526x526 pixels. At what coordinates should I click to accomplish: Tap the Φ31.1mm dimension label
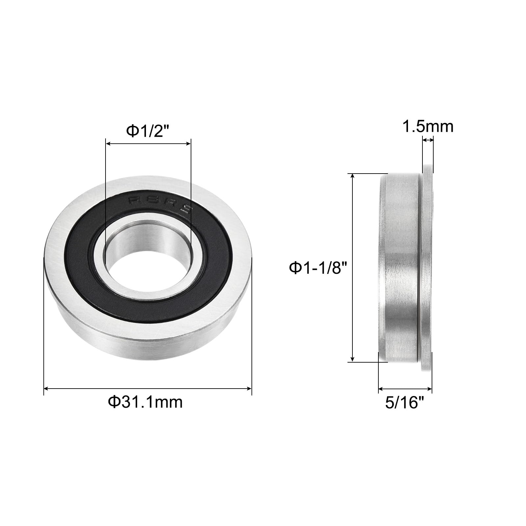coord(145,402)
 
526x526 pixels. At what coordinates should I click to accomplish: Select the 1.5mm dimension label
coord(428,127)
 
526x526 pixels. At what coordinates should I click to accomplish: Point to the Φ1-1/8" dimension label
coord(318,268)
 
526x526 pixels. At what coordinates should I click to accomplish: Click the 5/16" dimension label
coord(404,403)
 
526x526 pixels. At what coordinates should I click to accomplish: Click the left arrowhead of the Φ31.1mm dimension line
coord(46,389)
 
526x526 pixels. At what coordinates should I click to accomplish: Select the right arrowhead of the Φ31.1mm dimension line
coord(249,389)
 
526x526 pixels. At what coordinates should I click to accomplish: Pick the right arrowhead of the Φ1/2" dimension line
coord(189,143)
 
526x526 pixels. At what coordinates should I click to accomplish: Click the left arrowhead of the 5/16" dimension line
coord(381,389)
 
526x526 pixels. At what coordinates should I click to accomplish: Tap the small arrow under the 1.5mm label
coord(428,140)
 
